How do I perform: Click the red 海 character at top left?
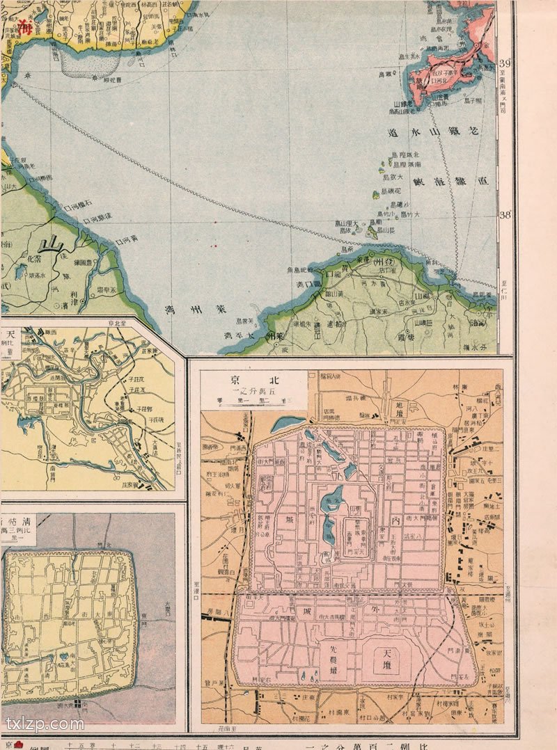(x=25, y=28)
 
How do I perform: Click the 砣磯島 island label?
(x=393, y=191)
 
